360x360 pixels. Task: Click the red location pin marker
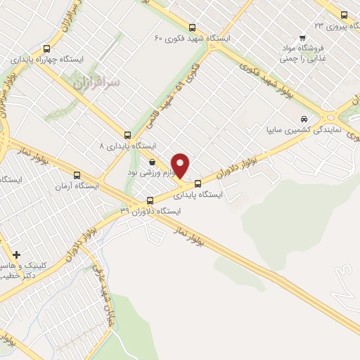pos(181,165)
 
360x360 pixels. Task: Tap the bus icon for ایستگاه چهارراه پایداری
pos(46,49)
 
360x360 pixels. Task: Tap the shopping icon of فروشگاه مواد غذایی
pos(302,38)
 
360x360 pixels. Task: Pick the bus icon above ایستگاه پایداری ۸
pos(127,134)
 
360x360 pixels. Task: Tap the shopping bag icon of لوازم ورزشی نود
pos(152,162)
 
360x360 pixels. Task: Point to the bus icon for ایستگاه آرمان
pos(77,176)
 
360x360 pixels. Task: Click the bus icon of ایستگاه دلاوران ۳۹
pos(149,200)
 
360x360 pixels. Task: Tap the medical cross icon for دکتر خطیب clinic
pos(17,254)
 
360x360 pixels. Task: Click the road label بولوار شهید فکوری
pos(264,79)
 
